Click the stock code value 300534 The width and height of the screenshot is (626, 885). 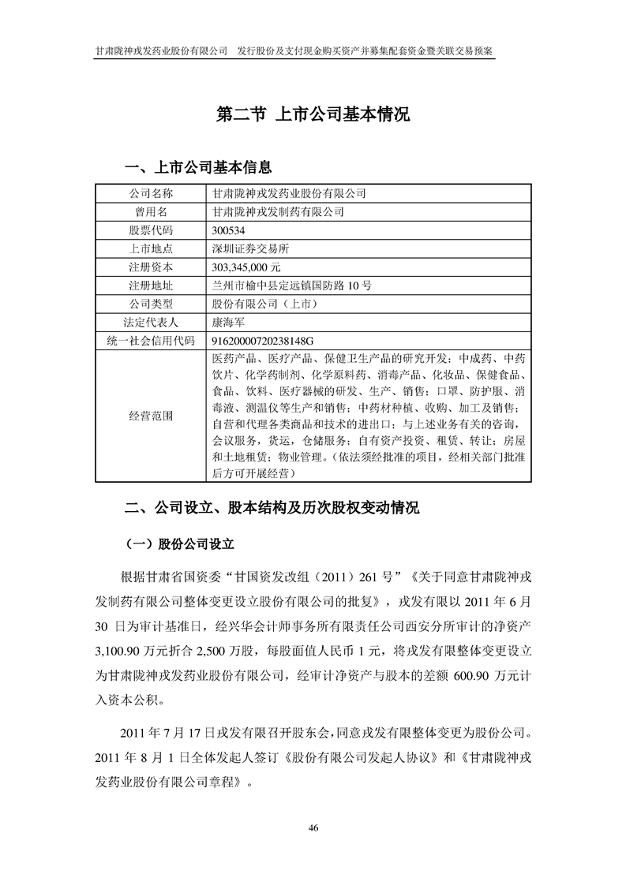[229, 230]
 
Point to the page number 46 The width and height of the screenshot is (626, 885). [313, 827]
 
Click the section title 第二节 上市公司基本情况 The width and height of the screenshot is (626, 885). [313, 114]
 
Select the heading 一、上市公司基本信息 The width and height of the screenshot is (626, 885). [199, 167]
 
